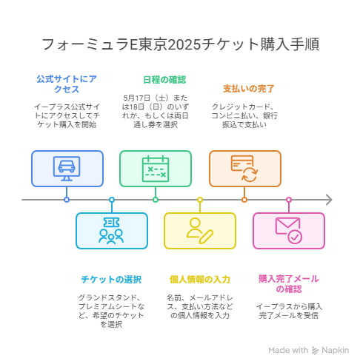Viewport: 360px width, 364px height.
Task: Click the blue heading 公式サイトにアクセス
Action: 67,84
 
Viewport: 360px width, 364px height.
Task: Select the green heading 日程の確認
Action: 164,80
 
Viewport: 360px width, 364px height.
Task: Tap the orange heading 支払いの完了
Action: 248,89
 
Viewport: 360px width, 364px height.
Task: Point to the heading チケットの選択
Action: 111,280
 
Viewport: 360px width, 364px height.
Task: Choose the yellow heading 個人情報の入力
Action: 200,280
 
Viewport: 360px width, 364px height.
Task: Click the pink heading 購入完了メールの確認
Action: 289,284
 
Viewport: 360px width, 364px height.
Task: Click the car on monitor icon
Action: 67,169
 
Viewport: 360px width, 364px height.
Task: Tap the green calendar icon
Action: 156,169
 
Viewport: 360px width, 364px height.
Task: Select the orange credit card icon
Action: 244,169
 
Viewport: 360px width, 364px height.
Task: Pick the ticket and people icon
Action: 111,231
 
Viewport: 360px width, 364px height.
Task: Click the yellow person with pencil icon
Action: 200,231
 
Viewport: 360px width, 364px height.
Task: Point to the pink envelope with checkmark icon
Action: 289,231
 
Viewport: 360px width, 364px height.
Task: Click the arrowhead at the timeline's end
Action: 330,200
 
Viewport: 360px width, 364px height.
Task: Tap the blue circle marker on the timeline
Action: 67,200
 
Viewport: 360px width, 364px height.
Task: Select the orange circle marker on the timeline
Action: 244,200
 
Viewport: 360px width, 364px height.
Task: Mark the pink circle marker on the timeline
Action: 289,200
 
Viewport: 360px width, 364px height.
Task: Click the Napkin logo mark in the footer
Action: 315,350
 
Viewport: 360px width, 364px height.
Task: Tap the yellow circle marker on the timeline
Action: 200,200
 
